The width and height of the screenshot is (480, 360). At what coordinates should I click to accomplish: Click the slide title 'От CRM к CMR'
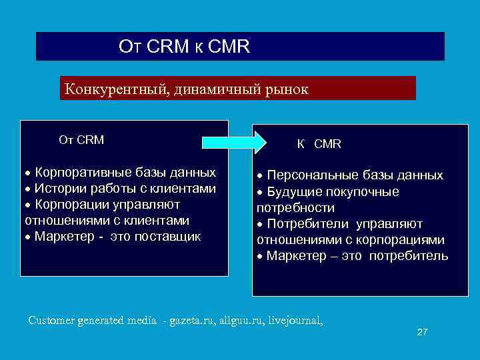tap(184, 47)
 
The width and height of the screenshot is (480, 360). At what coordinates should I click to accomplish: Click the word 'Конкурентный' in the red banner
tap(115, 89)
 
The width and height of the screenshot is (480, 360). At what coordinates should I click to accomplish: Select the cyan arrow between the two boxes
tap(233, 141)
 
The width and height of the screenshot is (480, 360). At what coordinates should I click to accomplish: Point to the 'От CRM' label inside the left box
tap(81, 140)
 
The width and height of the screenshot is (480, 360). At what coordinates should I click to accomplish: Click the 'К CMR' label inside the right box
tap(319, 143)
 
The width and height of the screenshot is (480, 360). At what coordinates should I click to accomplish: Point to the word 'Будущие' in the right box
tap(291, 192)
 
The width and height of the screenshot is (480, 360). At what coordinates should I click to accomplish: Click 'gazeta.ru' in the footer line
tap(193, 321)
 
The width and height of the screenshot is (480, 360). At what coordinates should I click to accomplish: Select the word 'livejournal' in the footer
tap(293, 321)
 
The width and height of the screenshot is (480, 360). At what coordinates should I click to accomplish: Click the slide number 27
tap(421, 332)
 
